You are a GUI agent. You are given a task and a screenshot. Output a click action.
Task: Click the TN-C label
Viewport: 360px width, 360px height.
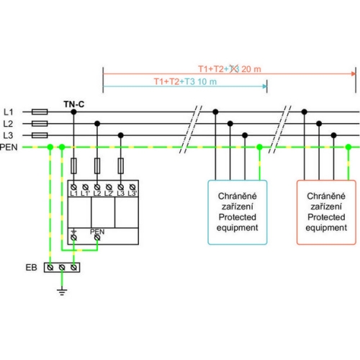click(74, 104)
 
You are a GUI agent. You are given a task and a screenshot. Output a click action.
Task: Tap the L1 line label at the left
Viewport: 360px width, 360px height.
click(9, 112)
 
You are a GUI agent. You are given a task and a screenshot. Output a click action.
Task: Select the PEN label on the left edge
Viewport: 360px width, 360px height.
click(9, 147)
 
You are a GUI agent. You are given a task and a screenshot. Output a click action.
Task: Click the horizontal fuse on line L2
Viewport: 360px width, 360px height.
click(40, 124)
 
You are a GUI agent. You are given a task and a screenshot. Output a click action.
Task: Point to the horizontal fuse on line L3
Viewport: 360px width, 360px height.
click(40, 135)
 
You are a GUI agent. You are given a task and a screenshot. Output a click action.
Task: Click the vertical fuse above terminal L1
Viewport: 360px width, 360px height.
click(73, 166)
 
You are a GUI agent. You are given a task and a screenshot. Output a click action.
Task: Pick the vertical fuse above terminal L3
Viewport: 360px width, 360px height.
click(121, 166)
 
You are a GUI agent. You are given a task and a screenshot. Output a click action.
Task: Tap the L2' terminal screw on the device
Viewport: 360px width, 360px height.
click(109, 187)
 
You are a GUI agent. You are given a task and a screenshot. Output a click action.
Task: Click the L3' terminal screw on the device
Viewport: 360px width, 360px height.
click(132, 187)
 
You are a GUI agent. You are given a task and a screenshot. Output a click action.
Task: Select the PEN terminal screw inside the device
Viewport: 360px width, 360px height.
click(97, 238)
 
